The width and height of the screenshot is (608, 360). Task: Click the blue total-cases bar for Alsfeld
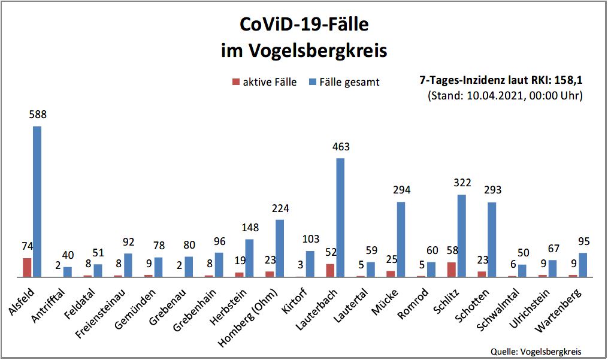point(37,201)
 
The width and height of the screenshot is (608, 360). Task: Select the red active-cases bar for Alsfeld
point(27,267)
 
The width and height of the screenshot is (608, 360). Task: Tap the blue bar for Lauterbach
point(340,217)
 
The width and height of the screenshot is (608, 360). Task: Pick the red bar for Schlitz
point(451,270)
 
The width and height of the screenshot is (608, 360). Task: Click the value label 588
point(38,114)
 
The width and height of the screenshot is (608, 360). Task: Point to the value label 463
point(341,147)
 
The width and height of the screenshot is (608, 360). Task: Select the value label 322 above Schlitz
point(462,183)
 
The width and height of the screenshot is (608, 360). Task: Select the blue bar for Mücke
point(401,239)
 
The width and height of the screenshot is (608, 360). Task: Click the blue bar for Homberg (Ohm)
point(280,248)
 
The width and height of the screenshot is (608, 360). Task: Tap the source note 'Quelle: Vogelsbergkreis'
point(536,352)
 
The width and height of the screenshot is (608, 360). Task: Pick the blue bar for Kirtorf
point(310,264)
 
